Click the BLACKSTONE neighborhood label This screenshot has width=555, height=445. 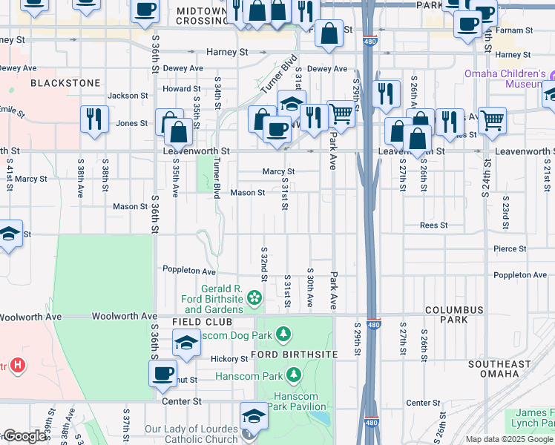click(x=65, y=83)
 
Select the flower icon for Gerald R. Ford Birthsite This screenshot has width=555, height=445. click(x=254, y=298)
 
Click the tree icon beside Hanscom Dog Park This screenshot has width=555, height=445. click(x=283, y=335)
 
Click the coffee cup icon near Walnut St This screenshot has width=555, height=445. click(x=163, y=373)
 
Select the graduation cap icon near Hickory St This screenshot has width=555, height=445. click(x=186, y=343)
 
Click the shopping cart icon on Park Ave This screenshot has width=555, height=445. click(x=341, y=113)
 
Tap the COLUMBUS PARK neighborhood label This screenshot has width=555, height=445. click(x=454, y=314)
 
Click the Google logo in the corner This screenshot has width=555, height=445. click(x=24, y=436)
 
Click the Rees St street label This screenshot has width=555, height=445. click(x=433, y=225)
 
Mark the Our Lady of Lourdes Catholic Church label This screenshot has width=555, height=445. click(x=191, y=434)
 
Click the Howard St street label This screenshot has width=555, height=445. click(x=177, y=88)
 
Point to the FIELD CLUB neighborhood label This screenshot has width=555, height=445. click(x=202, y=322)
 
